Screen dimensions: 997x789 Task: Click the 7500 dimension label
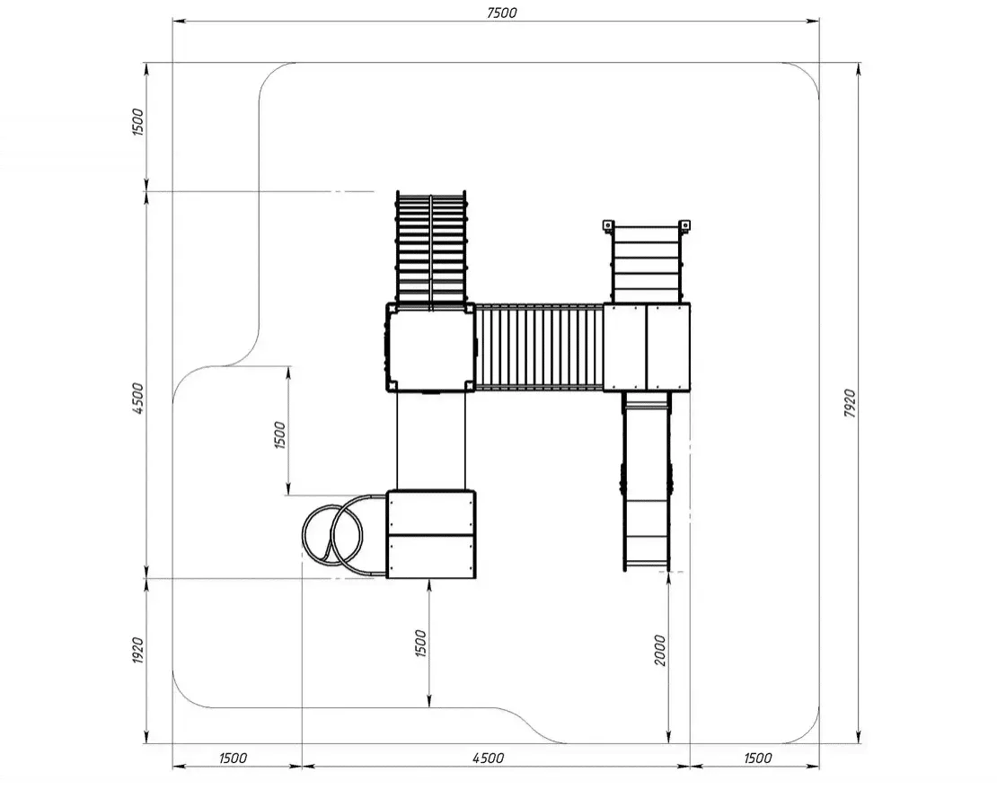(502, 13)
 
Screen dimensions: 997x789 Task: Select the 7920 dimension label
(850, 403)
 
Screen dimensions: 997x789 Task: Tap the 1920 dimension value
(138, 650)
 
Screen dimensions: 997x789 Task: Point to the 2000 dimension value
(660, 650)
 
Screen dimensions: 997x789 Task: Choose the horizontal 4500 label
(489, 758)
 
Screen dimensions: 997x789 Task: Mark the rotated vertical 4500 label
(138, 399)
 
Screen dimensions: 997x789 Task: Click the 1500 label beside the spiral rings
(279, 435)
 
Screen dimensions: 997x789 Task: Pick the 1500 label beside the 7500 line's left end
(138, 122)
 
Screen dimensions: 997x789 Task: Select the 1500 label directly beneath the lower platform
(420, 643)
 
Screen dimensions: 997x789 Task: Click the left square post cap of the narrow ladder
(607, 225)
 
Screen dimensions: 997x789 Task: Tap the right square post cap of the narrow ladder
(684, 225)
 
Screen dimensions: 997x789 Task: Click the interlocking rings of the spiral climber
(332, 535)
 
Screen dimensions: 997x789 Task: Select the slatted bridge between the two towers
(539, 346)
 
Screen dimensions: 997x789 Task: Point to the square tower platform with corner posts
(430, 348)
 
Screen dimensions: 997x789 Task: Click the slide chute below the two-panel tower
(647, 481)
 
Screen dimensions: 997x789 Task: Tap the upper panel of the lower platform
(431, 513)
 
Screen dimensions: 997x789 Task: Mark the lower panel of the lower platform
(431, 557)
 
